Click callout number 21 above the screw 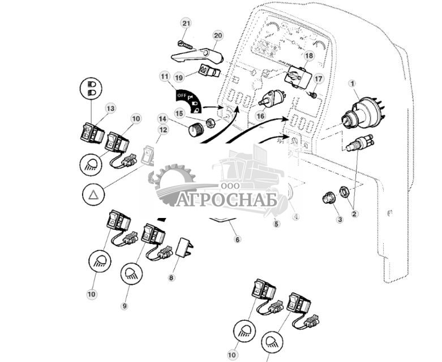coord(187,23)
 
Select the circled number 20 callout coord(218,35)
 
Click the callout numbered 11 coord(165,76)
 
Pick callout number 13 coord(110,108)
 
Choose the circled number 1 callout coord(354,85)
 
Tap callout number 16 coord(260,115)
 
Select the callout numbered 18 coord(308,56)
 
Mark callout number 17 coord(319,79)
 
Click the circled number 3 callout coord(340,219)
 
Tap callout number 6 coord(237,239)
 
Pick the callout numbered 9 coord(124,306)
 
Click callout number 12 coord(164,130)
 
